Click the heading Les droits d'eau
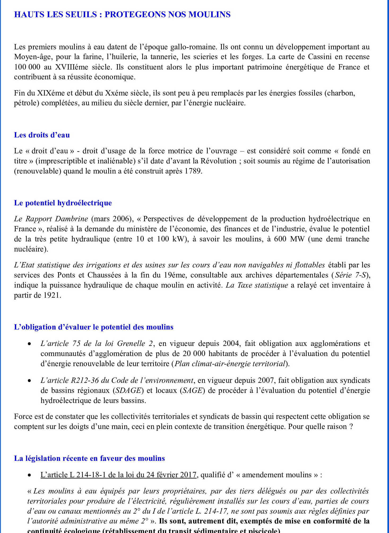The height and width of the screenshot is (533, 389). coord(42,135)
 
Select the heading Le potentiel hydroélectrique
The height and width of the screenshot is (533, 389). coord(63,203)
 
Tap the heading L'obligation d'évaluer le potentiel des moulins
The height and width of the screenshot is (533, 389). coord(94,327)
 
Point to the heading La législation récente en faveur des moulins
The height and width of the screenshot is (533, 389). coord(89,458)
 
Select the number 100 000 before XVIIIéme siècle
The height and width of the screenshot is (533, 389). coord(27,67)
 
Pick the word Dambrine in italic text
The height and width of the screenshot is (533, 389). coord(71,219)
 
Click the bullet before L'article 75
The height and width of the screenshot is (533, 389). coord(29,344)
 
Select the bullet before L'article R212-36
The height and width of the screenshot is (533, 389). coord(29,381)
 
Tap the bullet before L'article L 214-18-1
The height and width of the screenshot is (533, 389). coord(29,475)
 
